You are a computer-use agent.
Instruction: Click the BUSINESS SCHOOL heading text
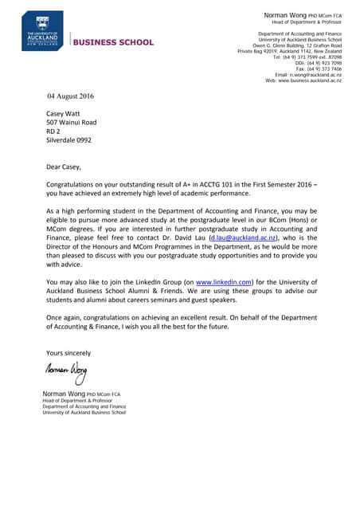coord(114,42)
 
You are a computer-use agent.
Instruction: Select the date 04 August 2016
coord(71,96)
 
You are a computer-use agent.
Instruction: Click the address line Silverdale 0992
coord(68,140)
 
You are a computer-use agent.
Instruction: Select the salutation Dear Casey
coord(64,167)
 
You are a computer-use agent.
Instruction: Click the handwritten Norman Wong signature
coord(66,371)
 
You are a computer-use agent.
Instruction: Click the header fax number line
coord(319,69)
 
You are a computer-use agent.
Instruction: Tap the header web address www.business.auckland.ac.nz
coord(303,80)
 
